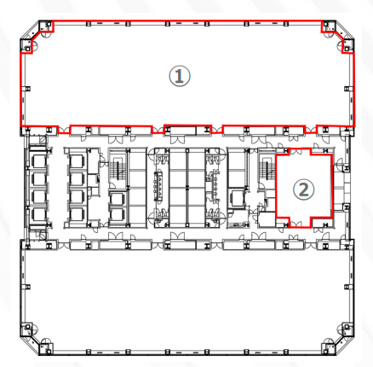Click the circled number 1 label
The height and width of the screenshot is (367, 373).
(x=180, y=76)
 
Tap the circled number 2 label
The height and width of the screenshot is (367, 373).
(x=304, y=189)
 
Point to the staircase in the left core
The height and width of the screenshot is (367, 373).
(x=118, y=170)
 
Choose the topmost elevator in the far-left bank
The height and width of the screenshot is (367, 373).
(x=38, y=161)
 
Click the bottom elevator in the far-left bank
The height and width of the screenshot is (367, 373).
(x=38, y=214)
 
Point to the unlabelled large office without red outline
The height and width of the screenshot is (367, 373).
(x=187, y=297)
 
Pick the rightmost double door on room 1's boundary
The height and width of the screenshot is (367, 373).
(x=311, y=131)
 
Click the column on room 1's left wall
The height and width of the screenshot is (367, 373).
(x=28, y=89)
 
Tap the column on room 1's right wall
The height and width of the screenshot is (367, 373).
(x=347, y=89)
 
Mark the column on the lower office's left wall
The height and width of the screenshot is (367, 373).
(x=28, y=287)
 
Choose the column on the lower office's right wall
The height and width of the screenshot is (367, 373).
(x=347, y=287)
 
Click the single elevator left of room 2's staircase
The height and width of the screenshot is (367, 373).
(x=238, y=198)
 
